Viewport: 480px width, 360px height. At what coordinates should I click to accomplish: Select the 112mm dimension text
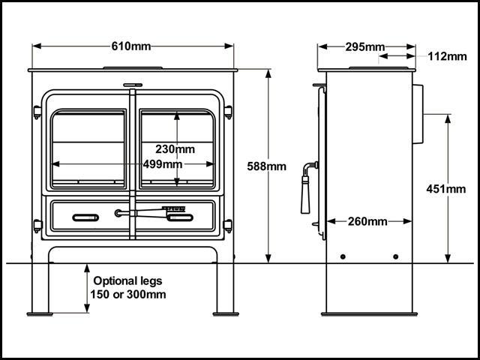(x=447, y=56)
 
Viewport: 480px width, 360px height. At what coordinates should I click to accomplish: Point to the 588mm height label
(x=266, y=166)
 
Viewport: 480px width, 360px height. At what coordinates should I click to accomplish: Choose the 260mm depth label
(x=367, y=221)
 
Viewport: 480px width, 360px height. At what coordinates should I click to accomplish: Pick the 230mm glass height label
(x=174, y=148)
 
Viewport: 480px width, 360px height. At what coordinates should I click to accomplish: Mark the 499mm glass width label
(x=162, y=164)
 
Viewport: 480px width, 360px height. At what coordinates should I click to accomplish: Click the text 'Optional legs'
(x=127, y=281)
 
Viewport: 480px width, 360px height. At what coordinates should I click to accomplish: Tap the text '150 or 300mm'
(x=128, y=294)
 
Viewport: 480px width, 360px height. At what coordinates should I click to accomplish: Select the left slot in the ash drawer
(x=85, y=217)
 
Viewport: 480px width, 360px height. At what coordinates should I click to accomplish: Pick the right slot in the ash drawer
(x=180, y=217)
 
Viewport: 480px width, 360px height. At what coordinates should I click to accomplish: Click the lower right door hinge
(x=228, y=223)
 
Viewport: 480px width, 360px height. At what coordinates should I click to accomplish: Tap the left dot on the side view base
(x=343, y=256)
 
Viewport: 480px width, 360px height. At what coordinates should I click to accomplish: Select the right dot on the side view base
(x=396, y=256)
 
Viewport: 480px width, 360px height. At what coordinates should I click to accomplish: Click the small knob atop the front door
(x=133, y=85)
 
